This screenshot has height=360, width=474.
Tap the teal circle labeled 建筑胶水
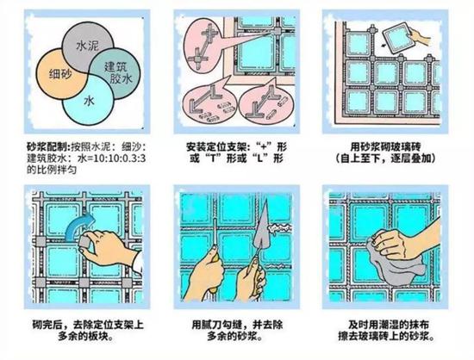tap(120, 72)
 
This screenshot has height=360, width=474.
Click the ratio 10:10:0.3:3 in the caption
tap(120, 158)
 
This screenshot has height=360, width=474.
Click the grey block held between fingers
tap(84, 242)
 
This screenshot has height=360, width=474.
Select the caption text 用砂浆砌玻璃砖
tap(385, 147)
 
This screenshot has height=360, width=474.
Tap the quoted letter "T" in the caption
tap(213, 158)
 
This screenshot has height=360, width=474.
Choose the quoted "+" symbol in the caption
tap(266, 147)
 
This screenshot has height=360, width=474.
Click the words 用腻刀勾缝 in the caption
tap(216, 325)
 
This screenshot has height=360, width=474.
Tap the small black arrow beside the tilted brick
tap(384, 46)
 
